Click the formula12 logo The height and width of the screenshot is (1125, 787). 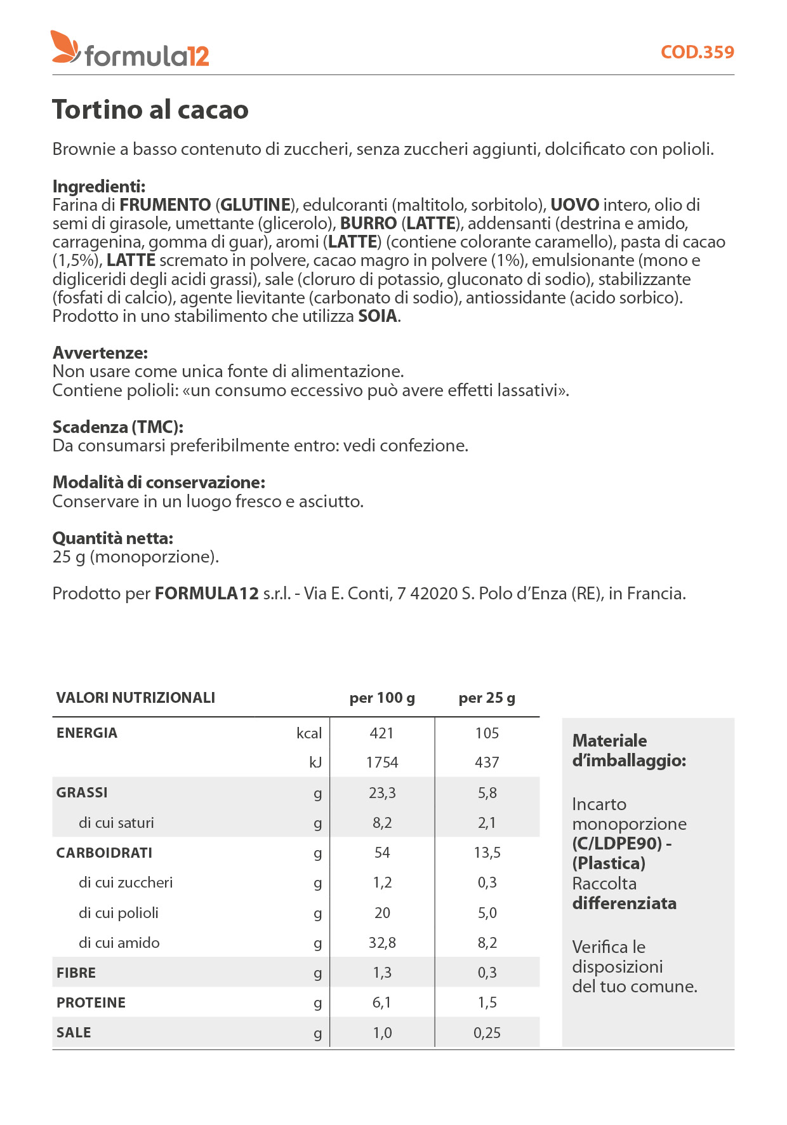coord(130,49)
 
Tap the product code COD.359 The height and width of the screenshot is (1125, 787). coord(697,52)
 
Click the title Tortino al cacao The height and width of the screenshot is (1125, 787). coord(150,109)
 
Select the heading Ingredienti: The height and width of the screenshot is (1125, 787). coord(99,186)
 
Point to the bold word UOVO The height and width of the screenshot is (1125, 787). coord(574,205)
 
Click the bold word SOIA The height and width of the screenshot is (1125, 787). coord(378,316)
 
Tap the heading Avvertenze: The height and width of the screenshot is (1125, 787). coord(100,352)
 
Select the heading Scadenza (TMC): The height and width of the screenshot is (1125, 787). coord(118,427)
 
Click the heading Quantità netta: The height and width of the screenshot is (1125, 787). coord(113,538)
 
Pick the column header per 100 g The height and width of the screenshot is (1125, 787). coord(382,698)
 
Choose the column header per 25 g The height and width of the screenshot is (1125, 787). coord(487,698)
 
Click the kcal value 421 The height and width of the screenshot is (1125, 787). coord(382,733)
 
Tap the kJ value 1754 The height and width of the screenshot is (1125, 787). coord(382,762)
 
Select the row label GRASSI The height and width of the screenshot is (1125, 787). coord(82,792)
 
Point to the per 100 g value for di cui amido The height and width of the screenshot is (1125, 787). coord(382,943)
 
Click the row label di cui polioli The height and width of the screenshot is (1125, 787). coord(119,913)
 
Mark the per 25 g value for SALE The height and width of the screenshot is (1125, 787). coord(487,1033)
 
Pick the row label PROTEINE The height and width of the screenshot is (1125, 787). coord(91,1003)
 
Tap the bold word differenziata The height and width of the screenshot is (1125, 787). coord(625,903)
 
